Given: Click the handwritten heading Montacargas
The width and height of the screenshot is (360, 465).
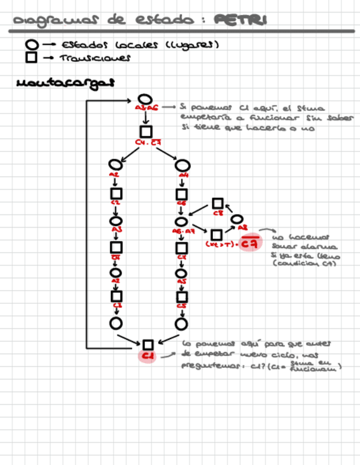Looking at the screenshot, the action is point(65,83).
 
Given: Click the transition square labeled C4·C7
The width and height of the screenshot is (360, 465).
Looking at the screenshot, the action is point(145,132).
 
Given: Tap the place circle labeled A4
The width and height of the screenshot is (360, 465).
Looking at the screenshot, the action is point(182,165).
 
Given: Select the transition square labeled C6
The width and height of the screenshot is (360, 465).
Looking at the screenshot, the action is point(182,194).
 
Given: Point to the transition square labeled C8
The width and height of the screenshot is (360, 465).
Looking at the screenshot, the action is point(217,204).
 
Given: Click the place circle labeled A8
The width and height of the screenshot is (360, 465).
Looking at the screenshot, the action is point(237,220).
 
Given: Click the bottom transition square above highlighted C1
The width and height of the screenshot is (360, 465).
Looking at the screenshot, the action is point(147,344).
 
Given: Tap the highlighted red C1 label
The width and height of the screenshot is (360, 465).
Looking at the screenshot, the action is point(147,356).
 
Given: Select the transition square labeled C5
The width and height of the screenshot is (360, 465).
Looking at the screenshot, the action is point(182,297).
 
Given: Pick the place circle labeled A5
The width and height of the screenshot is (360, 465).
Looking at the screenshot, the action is point(182,273).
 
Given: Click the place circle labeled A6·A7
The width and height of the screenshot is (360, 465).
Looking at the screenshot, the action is point(182,222).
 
